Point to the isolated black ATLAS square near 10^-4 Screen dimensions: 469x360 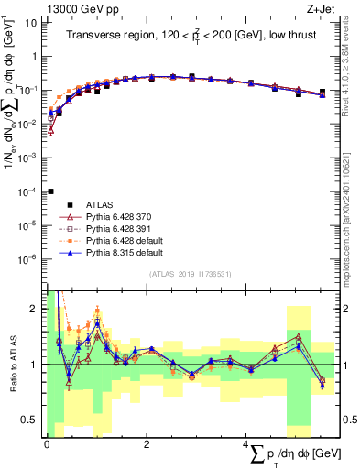pos(50,191)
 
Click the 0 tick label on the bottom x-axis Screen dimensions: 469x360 pos(47,442)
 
